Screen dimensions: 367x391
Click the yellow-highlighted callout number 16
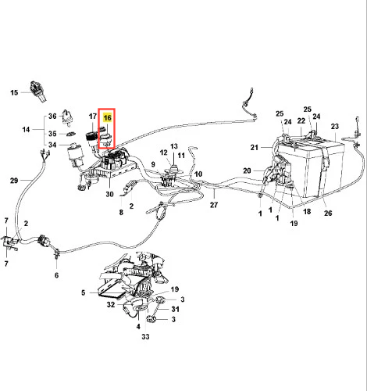pyautogui.click(x=108, y=117)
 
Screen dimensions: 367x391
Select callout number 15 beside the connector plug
pyautogui.click(x=14, y=92)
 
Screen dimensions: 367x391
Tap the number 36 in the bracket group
pyautogui.click(x=52, y=116)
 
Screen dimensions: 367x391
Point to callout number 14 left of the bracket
pyautogui.click(x=26, y=129)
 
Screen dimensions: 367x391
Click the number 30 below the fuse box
pyautogui.click(x=109, y=194)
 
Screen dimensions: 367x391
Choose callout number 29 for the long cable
pyautogui.click(x=14, y=181)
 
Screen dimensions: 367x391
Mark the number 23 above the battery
pyautogui.click(x=335, y=127)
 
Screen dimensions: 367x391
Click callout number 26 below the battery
pyautogui.click(x=328, y=213)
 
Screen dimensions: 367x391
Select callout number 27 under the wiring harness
pyautogui.click(x=214, y=205)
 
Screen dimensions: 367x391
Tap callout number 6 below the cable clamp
pyautogui.click(x=56, y=275)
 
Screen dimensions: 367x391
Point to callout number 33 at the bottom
pyautogui.click(x=145, y=336)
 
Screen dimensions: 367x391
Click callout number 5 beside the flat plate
pyautogui.click(x=83, y=292)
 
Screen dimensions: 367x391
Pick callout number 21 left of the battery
pyautogui.click(x=255, y=148)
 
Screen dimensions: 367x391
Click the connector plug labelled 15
pyautogui.click(x=38, y=91)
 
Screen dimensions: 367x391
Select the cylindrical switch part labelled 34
pyautogui.click(x=76, y=155)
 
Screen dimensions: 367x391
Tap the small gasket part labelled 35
pyautogui.click(x=70, y=134)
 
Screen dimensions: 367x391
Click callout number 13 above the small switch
pyautogui.click(x=174, y=146)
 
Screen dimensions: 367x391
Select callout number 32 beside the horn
pyautogui.click(x=111, y=304)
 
